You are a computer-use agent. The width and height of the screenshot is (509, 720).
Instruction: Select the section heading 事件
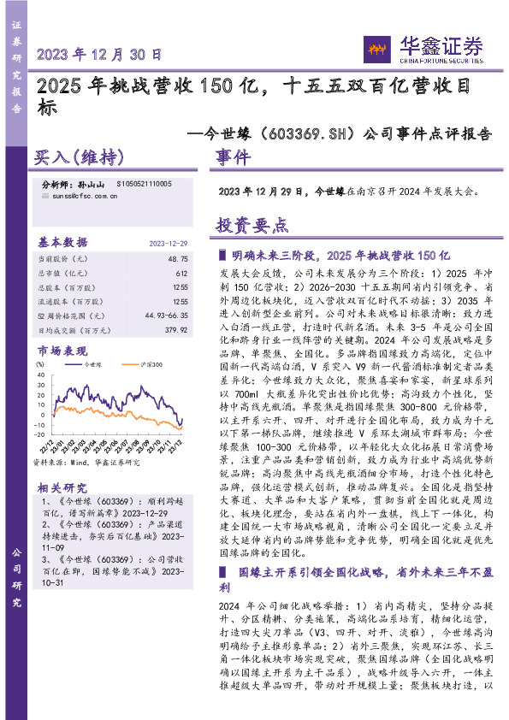tap(233, 158)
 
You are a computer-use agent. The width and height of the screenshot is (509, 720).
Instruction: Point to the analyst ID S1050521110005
tap(140, 184)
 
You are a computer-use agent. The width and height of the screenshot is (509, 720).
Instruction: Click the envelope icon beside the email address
tap(45, 196)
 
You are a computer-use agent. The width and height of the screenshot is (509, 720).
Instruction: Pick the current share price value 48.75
tap(178, 257)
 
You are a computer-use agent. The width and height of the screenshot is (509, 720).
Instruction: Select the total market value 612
tap(182, 272)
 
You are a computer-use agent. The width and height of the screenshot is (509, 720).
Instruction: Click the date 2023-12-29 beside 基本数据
tap(168, 242)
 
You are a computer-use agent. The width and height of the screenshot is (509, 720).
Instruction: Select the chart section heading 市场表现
tap(62, 351)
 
